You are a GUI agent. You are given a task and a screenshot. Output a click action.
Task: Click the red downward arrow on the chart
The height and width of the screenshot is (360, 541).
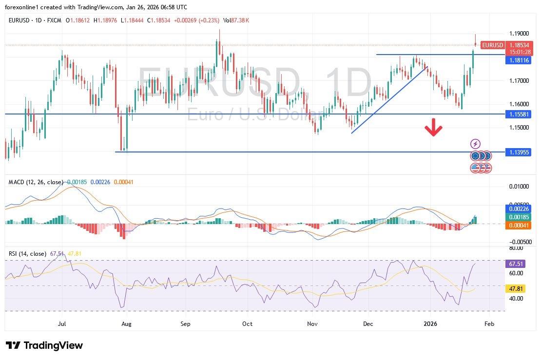click(x=433, y=129)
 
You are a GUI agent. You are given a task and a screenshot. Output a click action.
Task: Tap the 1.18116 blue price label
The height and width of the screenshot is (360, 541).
click(x=519, y=60)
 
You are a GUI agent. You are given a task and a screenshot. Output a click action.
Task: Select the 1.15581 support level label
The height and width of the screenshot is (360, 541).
click(x=519, y=114)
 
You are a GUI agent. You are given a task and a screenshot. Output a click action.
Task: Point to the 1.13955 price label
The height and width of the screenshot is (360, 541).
click(x=519, y=152)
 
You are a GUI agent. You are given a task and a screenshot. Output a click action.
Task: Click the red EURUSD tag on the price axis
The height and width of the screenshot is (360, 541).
click(x=492, y=45)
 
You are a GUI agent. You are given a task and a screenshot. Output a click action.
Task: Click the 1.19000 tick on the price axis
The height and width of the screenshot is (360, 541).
click(x=519, y=34)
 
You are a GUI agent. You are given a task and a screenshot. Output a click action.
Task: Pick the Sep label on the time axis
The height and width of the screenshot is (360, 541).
click(x=185, y=323)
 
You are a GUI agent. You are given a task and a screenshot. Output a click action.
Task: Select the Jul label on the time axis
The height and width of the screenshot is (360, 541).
click(x=62, y=323)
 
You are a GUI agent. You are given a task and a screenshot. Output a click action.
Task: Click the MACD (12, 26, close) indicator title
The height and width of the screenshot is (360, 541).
click(x=36, y=182)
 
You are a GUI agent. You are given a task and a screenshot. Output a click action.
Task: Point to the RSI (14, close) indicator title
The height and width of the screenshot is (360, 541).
click(x=27, y=254)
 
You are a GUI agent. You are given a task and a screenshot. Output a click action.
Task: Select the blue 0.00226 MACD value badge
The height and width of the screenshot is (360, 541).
click(x=519, y=208)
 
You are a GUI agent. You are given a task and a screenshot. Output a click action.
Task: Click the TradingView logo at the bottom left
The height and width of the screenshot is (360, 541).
click(x=44, y=345)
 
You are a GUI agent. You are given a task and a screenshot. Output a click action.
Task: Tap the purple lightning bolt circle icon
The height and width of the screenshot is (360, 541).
click(x=476, y=144)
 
